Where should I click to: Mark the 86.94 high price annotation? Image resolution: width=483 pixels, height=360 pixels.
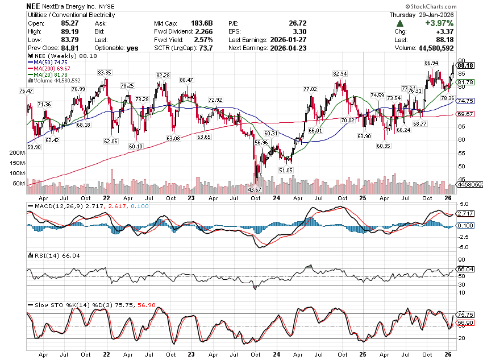click(431, 63)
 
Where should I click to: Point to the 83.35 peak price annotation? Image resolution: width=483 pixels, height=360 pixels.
click(105, 73)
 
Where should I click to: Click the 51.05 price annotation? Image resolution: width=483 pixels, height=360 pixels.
click(286, 170)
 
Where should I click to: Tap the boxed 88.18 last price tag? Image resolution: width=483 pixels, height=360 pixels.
click(465, 65)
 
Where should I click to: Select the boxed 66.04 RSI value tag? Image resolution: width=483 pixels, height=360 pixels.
click(465, 269)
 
